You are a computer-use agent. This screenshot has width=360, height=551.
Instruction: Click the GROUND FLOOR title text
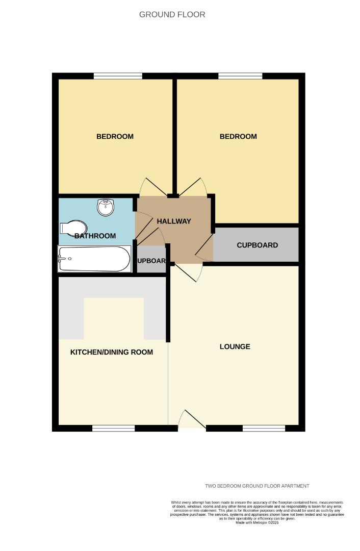coord(172,15)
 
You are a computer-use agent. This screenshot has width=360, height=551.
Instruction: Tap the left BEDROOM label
coord(115,136)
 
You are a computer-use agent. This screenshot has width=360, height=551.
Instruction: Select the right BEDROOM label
coord(238,136)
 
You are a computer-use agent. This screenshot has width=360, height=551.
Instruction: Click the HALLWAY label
coord(174,221)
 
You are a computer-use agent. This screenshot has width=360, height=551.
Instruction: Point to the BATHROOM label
coord(95,236)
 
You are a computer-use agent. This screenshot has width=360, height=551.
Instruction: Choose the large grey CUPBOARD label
coord(257,245)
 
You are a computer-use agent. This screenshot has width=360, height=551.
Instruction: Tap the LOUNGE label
coord(235,346)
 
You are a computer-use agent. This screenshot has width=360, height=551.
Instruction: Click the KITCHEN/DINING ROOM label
coord(112,352)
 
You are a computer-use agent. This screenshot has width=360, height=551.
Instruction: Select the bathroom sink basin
coord(106,207)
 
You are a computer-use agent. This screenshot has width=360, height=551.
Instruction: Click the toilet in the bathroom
coord(72,228)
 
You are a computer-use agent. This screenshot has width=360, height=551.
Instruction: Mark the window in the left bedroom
coord(118,76)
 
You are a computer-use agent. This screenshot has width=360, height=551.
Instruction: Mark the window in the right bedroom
coord(240,76)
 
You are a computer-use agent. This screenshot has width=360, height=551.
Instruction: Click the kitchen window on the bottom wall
coord(113,428)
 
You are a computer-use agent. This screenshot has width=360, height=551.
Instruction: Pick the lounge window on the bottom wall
coord(264,428)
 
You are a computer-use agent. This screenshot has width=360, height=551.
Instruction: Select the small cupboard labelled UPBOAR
coord(151,261)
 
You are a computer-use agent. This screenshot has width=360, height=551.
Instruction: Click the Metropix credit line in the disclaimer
coord(257,522)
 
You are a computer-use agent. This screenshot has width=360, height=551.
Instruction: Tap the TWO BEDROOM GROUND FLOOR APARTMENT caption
coord(257,486)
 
